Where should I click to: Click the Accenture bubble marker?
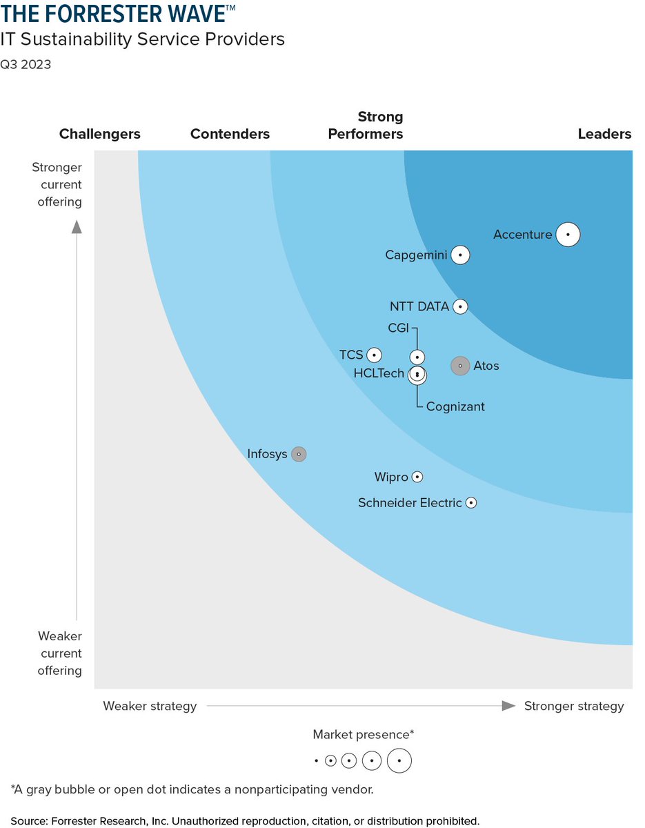click(568, 235)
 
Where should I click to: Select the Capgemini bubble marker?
click(461, 255)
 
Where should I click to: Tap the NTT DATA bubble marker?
click(461, 306)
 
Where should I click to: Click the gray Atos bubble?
click(460, 366)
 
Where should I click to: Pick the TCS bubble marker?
click(374, 355)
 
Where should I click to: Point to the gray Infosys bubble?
click(298, 454)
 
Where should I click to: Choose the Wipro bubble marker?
click(417, 477)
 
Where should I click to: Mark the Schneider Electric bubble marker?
click(471, 503)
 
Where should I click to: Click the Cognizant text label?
click(455, 407)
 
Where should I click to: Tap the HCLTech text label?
click(379, 373)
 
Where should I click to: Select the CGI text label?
click(399, 327)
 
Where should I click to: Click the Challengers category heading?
click(100, 134)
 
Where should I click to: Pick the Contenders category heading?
click(230, 134)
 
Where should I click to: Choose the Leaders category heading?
click(604, 134)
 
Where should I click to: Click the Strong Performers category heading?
click(366, 125)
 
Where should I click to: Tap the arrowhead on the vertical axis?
click(77, 226)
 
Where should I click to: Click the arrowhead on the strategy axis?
click(508, 706)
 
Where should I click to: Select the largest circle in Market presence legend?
click(399, 761)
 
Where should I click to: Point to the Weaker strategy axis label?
click(150, 706)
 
